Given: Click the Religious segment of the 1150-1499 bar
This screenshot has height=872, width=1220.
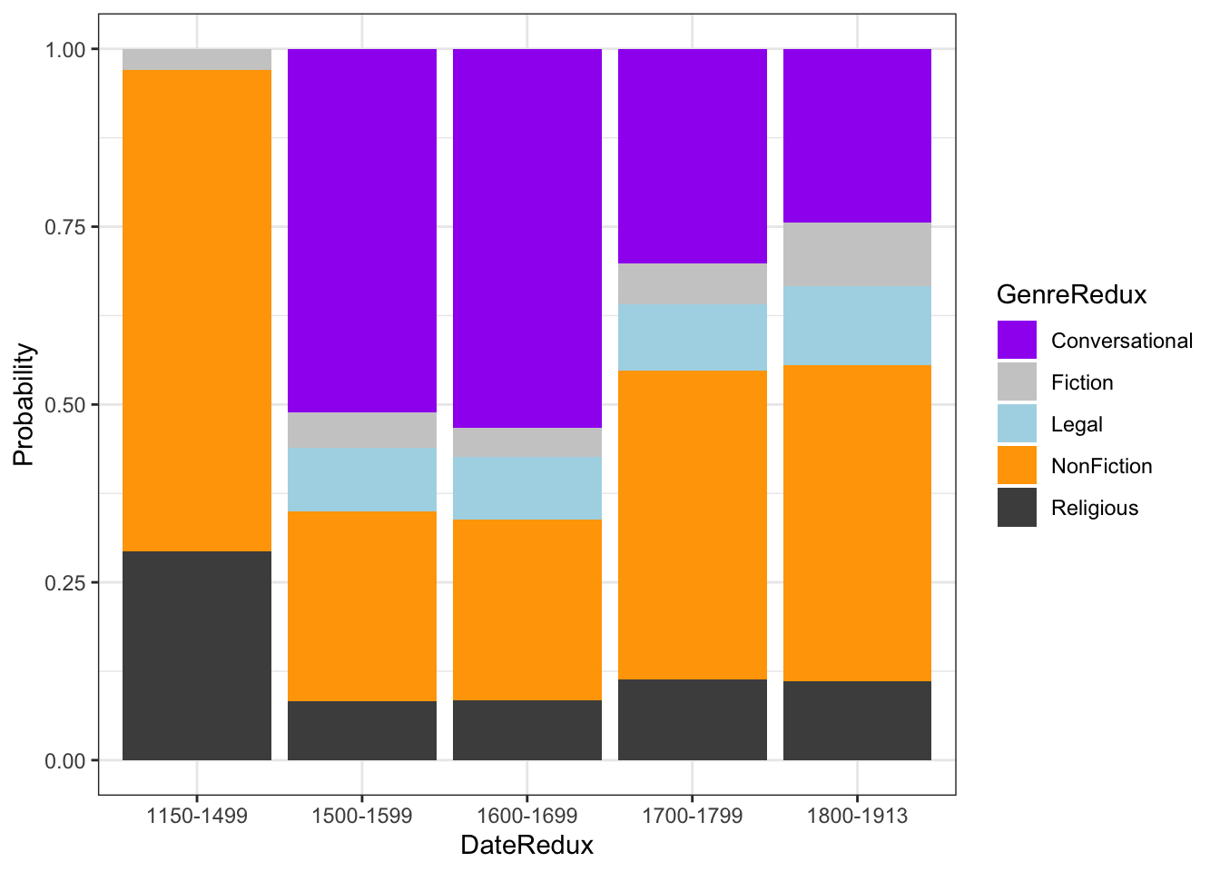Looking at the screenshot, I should (197, 655).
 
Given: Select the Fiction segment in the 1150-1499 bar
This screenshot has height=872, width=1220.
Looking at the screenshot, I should (197, 59).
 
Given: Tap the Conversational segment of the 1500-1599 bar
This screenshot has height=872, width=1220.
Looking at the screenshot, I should (362, 231).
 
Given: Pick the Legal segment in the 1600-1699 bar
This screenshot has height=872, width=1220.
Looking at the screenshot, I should (527, 488).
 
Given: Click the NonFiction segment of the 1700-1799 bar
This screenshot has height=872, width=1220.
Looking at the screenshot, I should (693, 524).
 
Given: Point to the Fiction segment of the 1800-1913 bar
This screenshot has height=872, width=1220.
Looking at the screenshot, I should (857, 254).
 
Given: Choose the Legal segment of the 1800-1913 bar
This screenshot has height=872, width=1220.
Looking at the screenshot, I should (857, 325).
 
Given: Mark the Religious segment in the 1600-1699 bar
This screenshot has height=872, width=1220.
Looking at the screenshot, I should (527, 729).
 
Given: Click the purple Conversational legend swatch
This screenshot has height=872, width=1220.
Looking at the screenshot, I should (1017, 341).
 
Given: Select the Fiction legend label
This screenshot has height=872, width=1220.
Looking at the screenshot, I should (1082, 382).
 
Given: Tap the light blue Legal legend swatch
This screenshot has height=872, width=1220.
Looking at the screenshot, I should (1017, 424).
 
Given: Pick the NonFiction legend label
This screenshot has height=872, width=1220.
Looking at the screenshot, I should (1101, 466).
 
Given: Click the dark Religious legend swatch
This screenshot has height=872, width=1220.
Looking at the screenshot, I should (1017, 508).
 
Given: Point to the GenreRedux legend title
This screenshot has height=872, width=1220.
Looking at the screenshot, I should (1071, 294).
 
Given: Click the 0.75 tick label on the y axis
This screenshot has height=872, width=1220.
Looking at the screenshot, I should (65, 227).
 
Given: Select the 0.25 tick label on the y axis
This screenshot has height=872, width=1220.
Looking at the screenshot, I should (65, 582).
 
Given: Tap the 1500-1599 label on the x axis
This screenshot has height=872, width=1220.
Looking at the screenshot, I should (362, 816).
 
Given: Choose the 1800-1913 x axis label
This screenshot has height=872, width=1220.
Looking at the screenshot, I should (857, 816).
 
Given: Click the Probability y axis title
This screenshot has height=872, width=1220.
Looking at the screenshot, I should (24, 404).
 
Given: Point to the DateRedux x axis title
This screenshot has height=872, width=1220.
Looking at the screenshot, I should (526, 846).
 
